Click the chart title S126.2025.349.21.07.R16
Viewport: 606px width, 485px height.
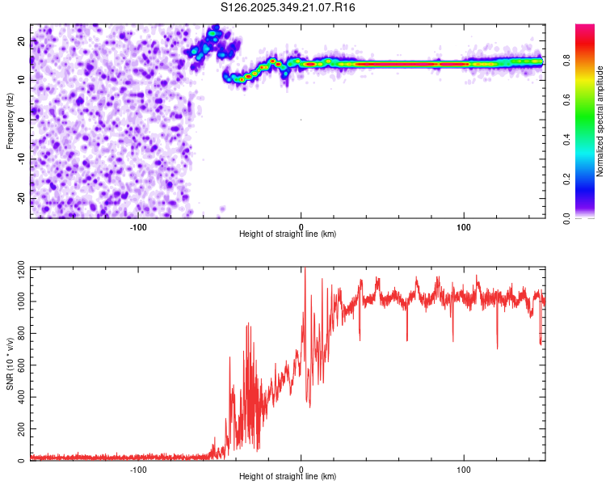pyautogui.click(x=288, y=7)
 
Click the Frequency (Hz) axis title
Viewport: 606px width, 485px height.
pyautogui.click(x=10, y=120)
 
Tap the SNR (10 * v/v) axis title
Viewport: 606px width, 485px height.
pyautogui.click(x=10, y=364)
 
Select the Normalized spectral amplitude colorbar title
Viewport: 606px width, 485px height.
pyautogui.click(x=600, y=121)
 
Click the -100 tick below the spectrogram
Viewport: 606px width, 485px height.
pyautogui.click(x=138, y=226)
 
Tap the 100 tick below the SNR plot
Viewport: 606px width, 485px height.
pyautogui.click(x=464, y=469)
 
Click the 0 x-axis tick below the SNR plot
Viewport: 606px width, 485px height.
pyautogui.click(x=301, y=469)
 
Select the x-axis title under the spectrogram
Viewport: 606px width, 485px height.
pyautogui.click(x=288, y=234)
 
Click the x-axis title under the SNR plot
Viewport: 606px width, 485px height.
pyautogui.click(x=288, y=477)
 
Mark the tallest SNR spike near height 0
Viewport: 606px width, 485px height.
pyautogui.click(x=305, y=270)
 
